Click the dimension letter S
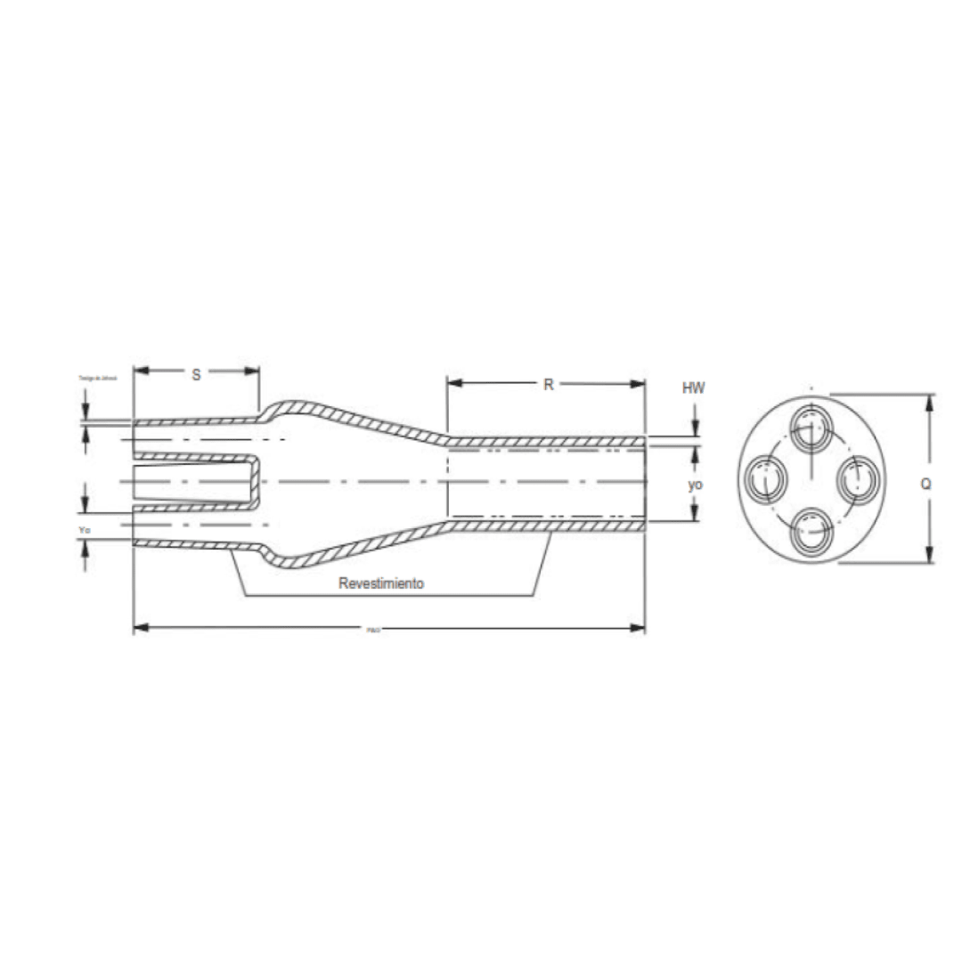point(196,375)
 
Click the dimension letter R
point(550,384)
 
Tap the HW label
point(694,388)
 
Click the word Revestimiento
point(380,584)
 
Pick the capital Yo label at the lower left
point(85,529)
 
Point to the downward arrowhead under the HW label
point(694,429)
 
